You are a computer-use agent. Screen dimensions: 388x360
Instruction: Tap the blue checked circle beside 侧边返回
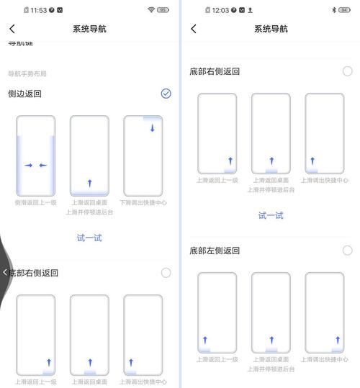click(166, 94)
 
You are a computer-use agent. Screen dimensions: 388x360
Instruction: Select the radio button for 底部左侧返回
click(347, 251)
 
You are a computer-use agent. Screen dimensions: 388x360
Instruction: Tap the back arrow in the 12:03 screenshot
click(193, 29)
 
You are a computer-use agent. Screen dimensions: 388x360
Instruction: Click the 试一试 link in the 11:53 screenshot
click(89, 238)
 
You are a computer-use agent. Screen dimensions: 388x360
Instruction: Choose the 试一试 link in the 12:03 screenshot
click(271, 215)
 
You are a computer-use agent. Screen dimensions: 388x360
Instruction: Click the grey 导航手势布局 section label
click(27, 73)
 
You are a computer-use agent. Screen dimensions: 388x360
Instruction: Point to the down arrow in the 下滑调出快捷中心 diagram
click(153, 128)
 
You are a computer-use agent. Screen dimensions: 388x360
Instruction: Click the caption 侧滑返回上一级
click(35, 203)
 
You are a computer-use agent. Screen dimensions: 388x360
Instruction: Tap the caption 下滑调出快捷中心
click(143, 203)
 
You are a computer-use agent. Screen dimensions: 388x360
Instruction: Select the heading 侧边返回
click(25, 94)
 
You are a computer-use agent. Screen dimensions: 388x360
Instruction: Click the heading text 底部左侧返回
click(215, 251)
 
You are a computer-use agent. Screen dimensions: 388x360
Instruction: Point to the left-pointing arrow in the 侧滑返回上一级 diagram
click(42, 166)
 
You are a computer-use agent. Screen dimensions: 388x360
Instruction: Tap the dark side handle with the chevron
click(4, 272)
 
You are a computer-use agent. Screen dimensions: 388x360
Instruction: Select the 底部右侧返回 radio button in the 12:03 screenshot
click(347, 71)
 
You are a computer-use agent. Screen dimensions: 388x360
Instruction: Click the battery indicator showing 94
click(345, 10)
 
